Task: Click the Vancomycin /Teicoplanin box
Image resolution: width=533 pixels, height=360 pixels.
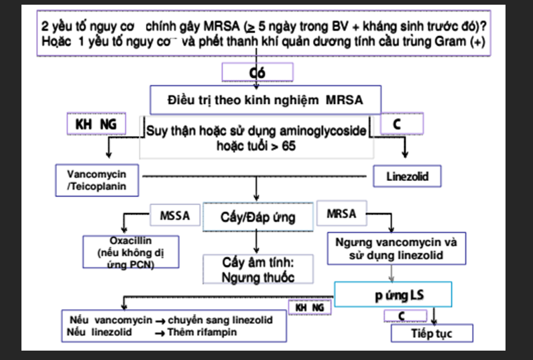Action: pyautogui.click(x=97, y=179)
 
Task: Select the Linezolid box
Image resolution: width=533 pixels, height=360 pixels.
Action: pyautogui.click(x=406, y=177)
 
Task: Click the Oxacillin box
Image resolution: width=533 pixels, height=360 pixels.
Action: pyautogui.click(x=130, y=252)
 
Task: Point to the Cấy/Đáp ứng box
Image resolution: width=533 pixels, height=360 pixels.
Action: pyautogui.click(x=257, y=217)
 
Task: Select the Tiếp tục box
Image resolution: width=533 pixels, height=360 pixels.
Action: pyautogui.click(x=432, y=334)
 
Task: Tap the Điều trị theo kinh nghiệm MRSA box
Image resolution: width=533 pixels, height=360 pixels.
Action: pyautogui.click(x=265, y=101)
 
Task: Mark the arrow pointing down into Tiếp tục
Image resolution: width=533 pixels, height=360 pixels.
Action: pyautogui.click(x=435, y=318)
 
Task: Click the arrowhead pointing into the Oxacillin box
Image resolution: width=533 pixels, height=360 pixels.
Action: pyautogui.click(x=124, y=230)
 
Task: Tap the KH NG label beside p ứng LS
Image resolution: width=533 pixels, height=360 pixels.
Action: pyautogui.click(x=309, y=306)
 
